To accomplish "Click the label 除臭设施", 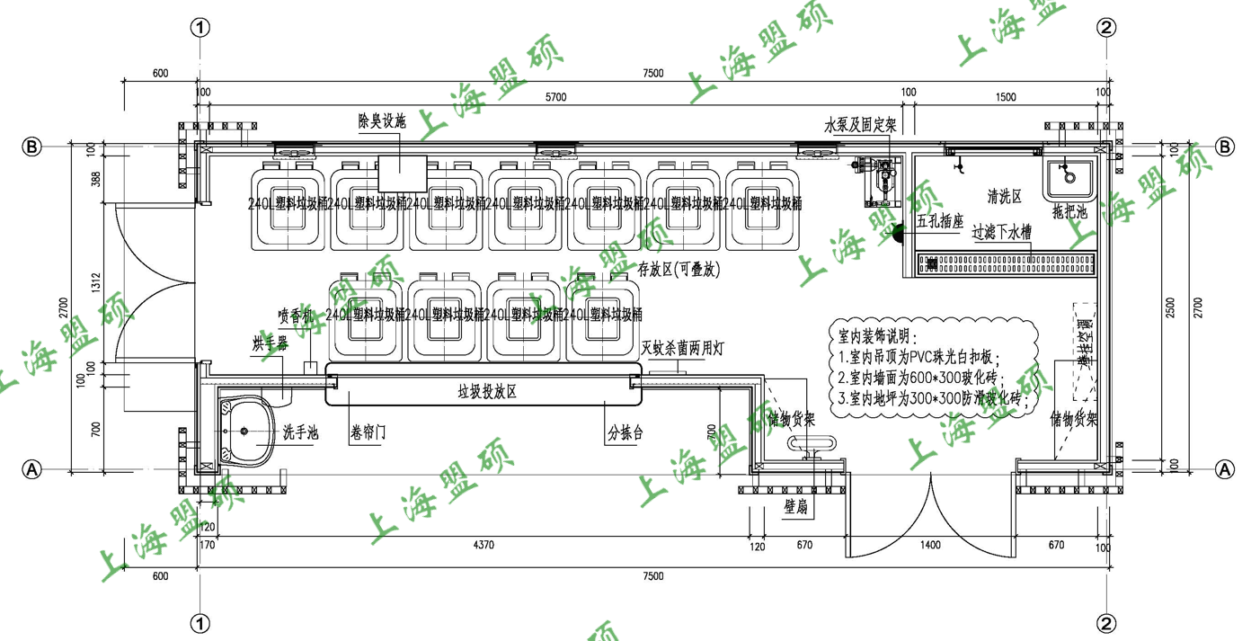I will pyautogui.click(x=382, y=121).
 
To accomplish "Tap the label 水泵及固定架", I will pyautogui.click(x=861, y=126).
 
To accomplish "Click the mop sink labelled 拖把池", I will pyautogui.click(x=1068, y=177).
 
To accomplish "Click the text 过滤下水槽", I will pyautogui.click(x=1001, y=232).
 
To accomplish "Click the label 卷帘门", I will pyautogui.click(x=368, y=433).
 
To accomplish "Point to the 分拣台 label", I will pyautogui.click(x=625, y=433).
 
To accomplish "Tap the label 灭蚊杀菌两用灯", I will pyautogui.click(x=683, y=348).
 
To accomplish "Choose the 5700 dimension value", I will pyautogui.click(x=557, y=98).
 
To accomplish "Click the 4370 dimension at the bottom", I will pyautogui.click(x=486, y=545).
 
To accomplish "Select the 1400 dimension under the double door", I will pyautogui.click(x=930, y=545).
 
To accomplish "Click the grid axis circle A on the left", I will pyautogui.click(x=32, y=468).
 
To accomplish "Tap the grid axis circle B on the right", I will pyautogui.click(x=1224, y=147).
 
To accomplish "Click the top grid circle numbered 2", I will pyautogui.click(x=1107, y=28).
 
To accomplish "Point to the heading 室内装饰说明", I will pyautogui.click(x=874, y=338).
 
